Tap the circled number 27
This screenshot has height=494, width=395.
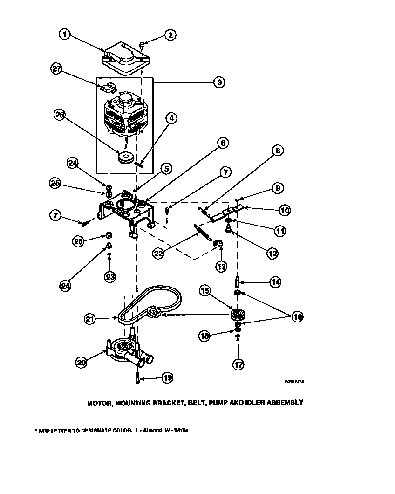tap(56, 69)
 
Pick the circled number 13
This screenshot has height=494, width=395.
tap(220, 267)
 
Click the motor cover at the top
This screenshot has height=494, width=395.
tap(122, 60)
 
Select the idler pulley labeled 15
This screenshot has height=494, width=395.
tap(238, 314)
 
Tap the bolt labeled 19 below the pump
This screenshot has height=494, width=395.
tap(138, 379)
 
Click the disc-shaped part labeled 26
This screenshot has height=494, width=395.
tap(126, 158)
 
